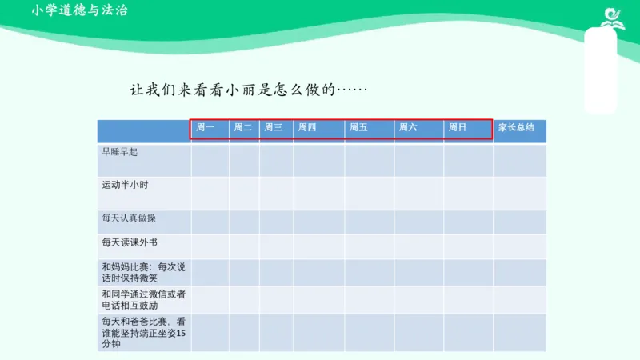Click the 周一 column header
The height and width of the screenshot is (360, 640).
click(206, 127)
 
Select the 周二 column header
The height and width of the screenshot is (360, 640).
click(243, 127)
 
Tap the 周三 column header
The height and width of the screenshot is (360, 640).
click(274, 127)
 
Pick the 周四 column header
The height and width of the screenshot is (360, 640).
click(307, 127)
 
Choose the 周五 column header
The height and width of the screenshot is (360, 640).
click(358, 127)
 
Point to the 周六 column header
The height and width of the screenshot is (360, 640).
click(408, 127)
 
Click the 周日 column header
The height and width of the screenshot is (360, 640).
click(458, 127)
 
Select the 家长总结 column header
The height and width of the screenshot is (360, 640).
click(516, 127)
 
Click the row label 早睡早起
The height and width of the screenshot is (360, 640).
click(120, 150)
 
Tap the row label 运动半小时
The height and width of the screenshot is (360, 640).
click(125, 185)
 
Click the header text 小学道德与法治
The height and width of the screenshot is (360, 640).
click(79, 10)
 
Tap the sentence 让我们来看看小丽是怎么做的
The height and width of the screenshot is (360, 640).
click(248, 89)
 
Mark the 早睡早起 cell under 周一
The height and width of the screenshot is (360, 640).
click(210, 160)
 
